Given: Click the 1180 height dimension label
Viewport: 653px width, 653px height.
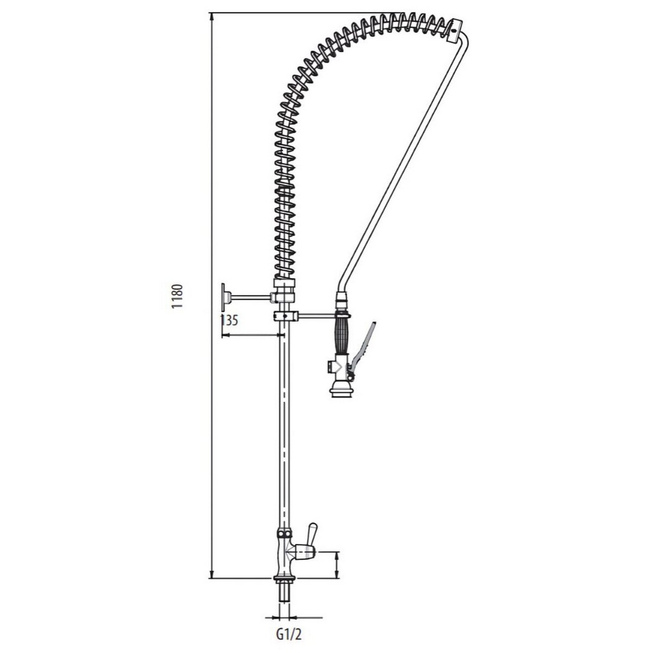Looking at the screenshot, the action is pos(177,296).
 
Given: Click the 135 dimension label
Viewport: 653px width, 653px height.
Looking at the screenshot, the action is pos(229,321).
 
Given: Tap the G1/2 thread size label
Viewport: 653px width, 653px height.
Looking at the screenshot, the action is pos(289,635).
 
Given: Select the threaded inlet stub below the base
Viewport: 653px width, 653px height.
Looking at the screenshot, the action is pos(284,593).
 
